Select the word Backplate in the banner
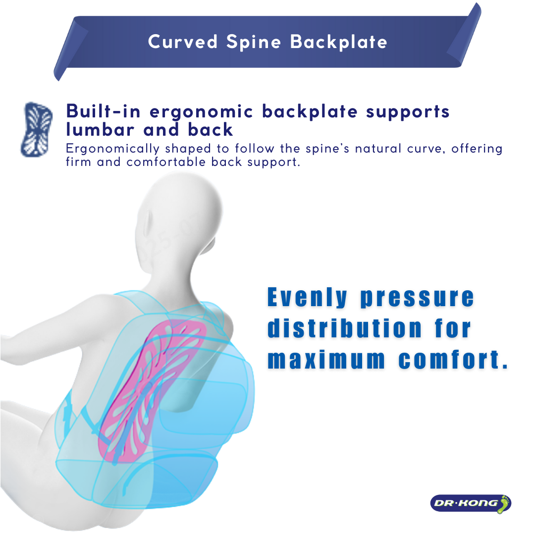(339, 42)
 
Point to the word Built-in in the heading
(104, 111)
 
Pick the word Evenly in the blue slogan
(307, 298)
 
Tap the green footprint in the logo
(504, 503)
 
